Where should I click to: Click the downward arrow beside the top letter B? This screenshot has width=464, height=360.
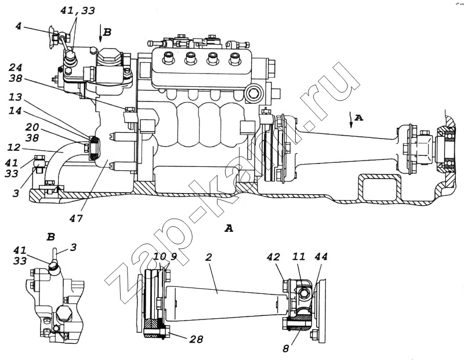tap(101, 34)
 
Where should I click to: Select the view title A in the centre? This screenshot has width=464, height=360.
tap(229, 229)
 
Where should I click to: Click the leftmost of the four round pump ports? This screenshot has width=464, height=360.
tap(169, 58)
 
